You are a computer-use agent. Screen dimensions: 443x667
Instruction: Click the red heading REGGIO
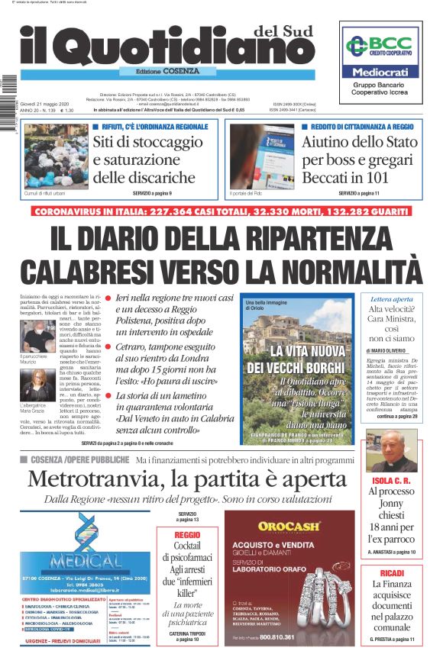[x=187, y=535]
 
